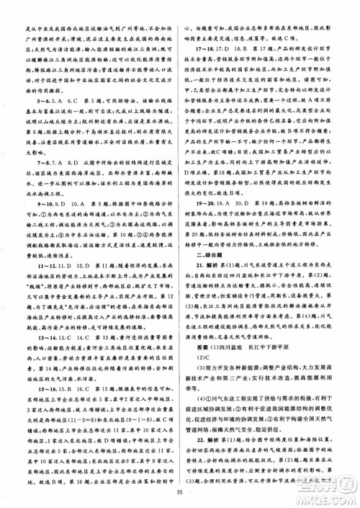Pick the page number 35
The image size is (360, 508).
[x=180, y=493]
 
